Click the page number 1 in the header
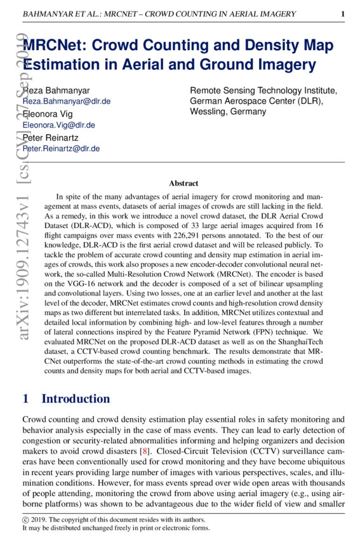click(x=343, y=14)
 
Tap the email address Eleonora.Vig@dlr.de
click(x=58, y=125)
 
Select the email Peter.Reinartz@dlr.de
click(x=61, y=149)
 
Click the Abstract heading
click(x=183, y=184)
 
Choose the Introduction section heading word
click(x=76, y=399)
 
